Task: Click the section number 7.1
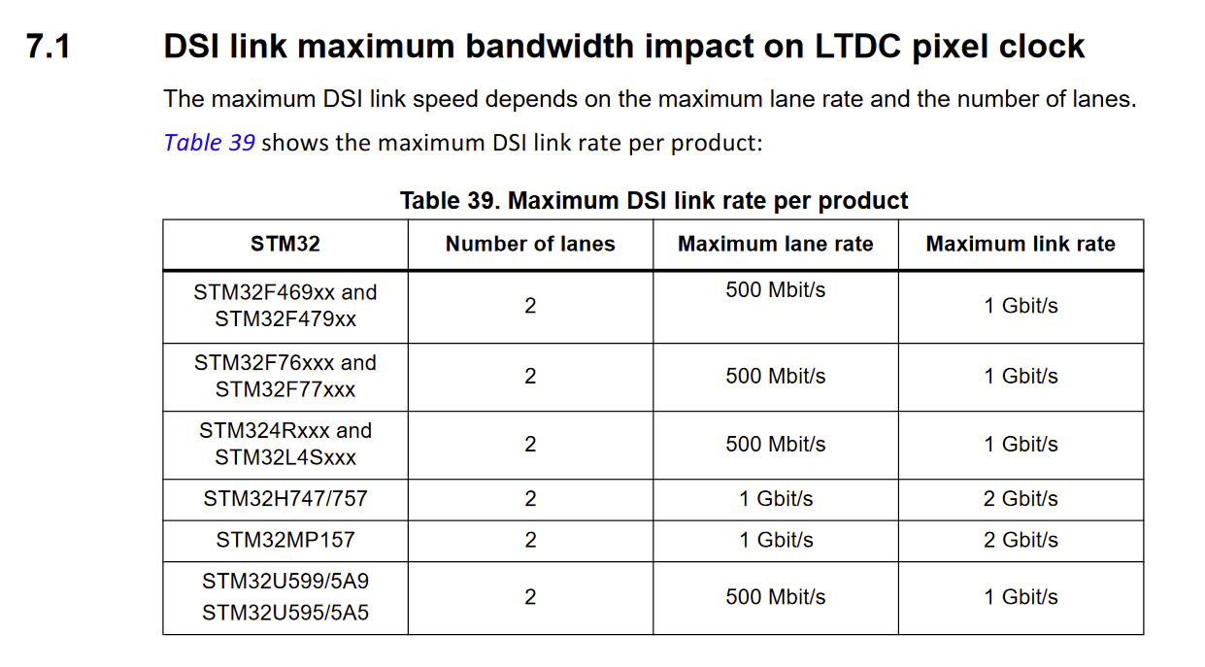(49, 47)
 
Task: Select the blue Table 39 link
(209, 143)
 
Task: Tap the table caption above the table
(653, 201)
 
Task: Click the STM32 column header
(285, 245)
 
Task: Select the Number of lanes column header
(530, 245)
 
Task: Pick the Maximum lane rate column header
(775, 245)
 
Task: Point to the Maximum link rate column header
(1021, 245)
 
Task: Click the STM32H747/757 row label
(285, 499)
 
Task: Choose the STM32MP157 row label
(285, 540)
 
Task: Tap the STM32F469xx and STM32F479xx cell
(285, 306)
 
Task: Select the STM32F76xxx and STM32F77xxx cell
(285, 376)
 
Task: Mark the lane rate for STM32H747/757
(776, 499)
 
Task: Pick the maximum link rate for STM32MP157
(1021, 540)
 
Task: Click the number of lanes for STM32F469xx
(530, 306)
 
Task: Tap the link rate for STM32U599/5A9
(1021, 597)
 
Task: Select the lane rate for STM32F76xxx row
(776, 376)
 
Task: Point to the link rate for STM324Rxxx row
(1021, 444)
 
